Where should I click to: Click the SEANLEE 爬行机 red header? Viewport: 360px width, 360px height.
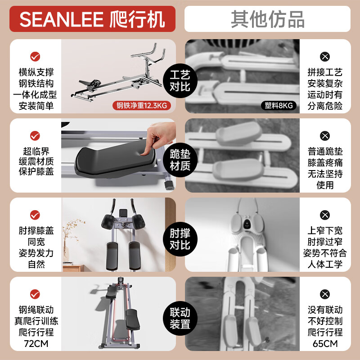92,19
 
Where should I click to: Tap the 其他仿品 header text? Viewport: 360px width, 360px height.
267,19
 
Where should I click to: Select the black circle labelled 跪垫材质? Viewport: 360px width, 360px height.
180,160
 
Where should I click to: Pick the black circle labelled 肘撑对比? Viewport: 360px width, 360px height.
180,239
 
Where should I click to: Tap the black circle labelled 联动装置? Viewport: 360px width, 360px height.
180,318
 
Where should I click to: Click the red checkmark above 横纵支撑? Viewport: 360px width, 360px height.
35,57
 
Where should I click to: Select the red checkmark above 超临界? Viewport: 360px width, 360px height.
35,135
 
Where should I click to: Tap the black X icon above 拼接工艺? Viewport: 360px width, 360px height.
324,57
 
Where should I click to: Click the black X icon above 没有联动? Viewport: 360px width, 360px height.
324,294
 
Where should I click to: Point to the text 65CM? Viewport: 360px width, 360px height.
325,344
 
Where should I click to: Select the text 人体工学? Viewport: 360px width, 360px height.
325,265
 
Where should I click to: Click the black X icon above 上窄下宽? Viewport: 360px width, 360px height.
324,215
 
